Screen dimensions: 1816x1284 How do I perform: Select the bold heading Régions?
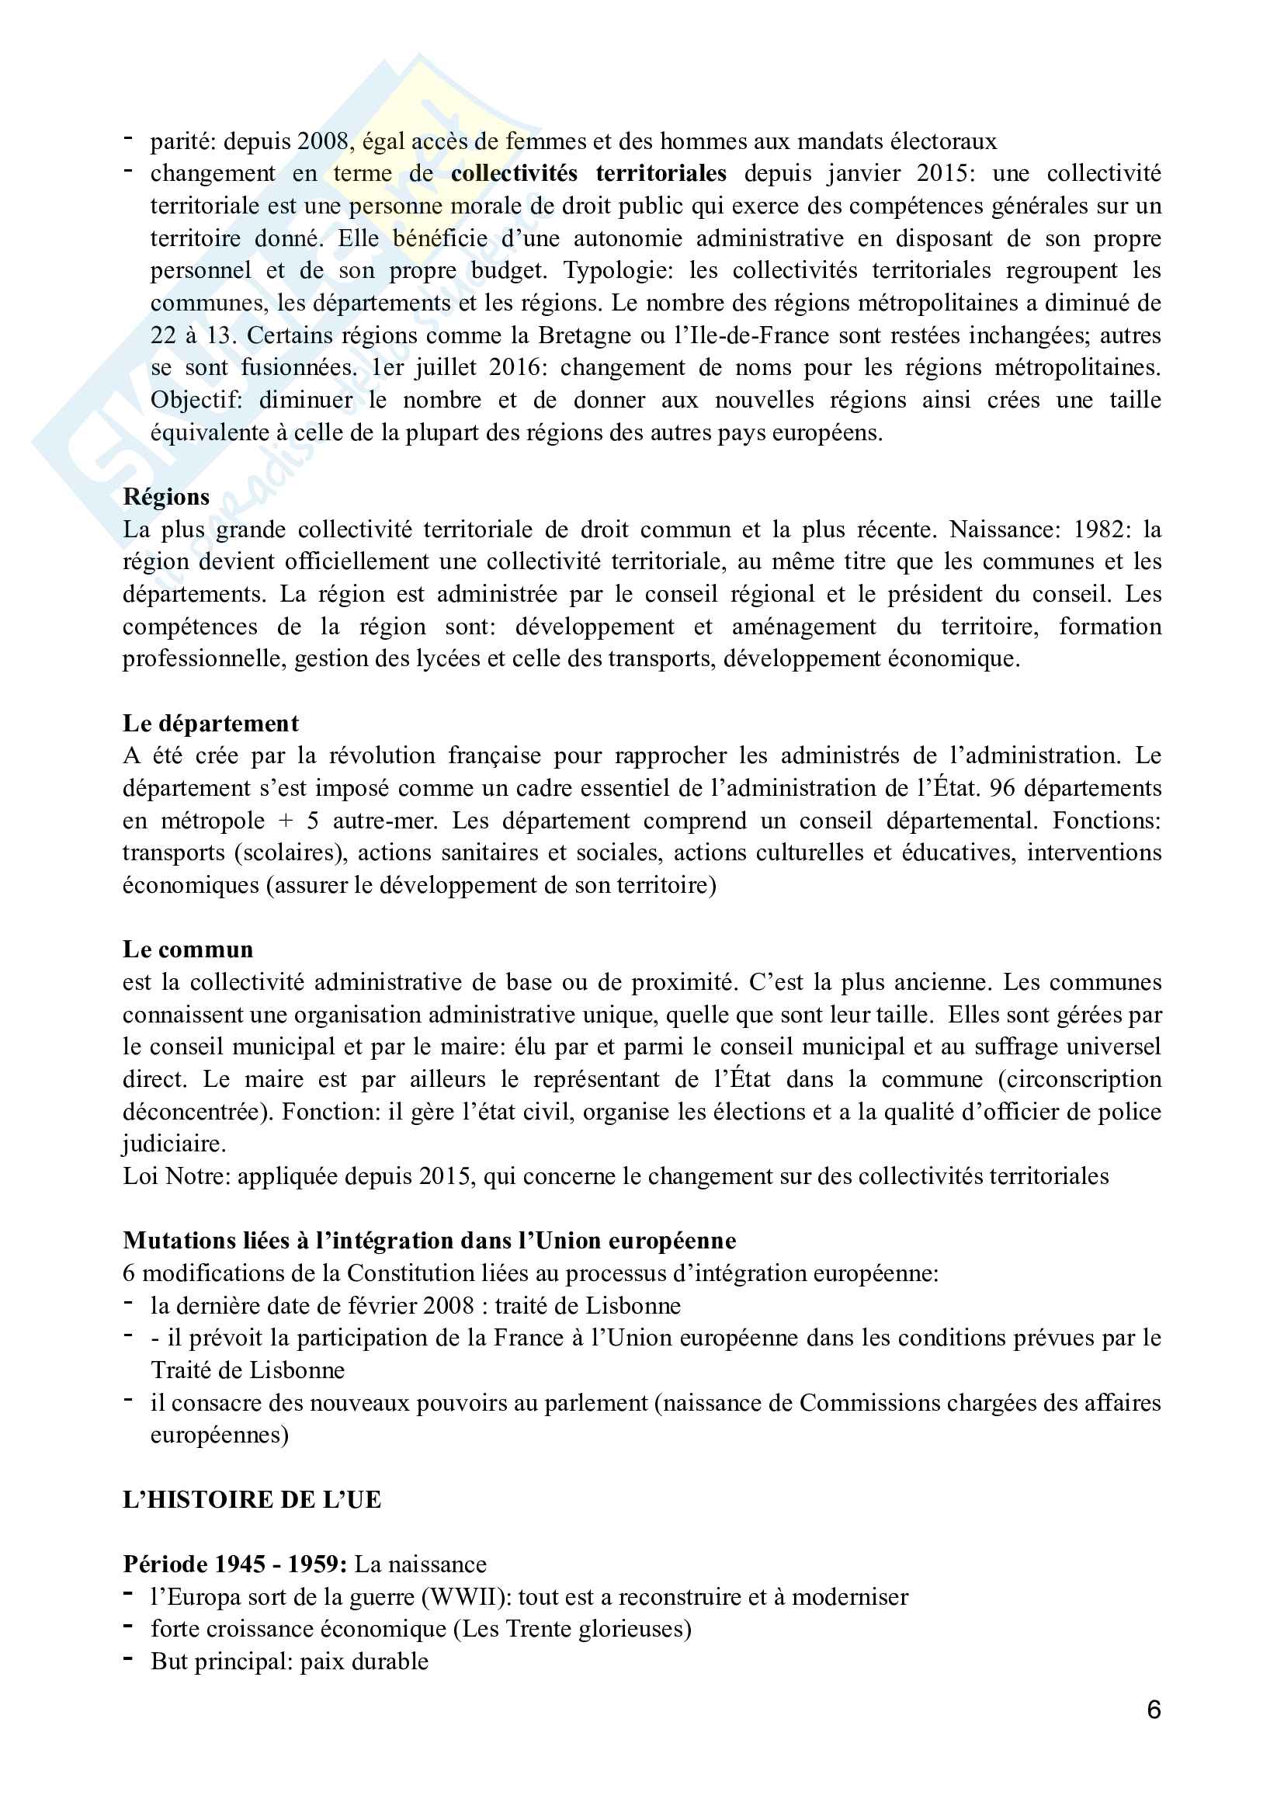(x=166, y=497)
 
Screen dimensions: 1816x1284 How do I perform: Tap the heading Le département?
(x=210, y=723)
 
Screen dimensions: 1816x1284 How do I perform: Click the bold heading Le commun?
(x=187, y=949)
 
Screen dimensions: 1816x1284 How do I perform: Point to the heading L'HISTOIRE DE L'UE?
(x=252, y=1498)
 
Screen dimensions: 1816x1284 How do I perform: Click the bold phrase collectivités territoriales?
(x=588, y=173)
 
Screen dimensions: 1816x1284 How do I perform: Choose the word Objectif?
(x=196, y=400)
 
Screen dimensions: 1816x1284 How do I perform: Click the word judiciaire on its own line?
(x=174, y=1144)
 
